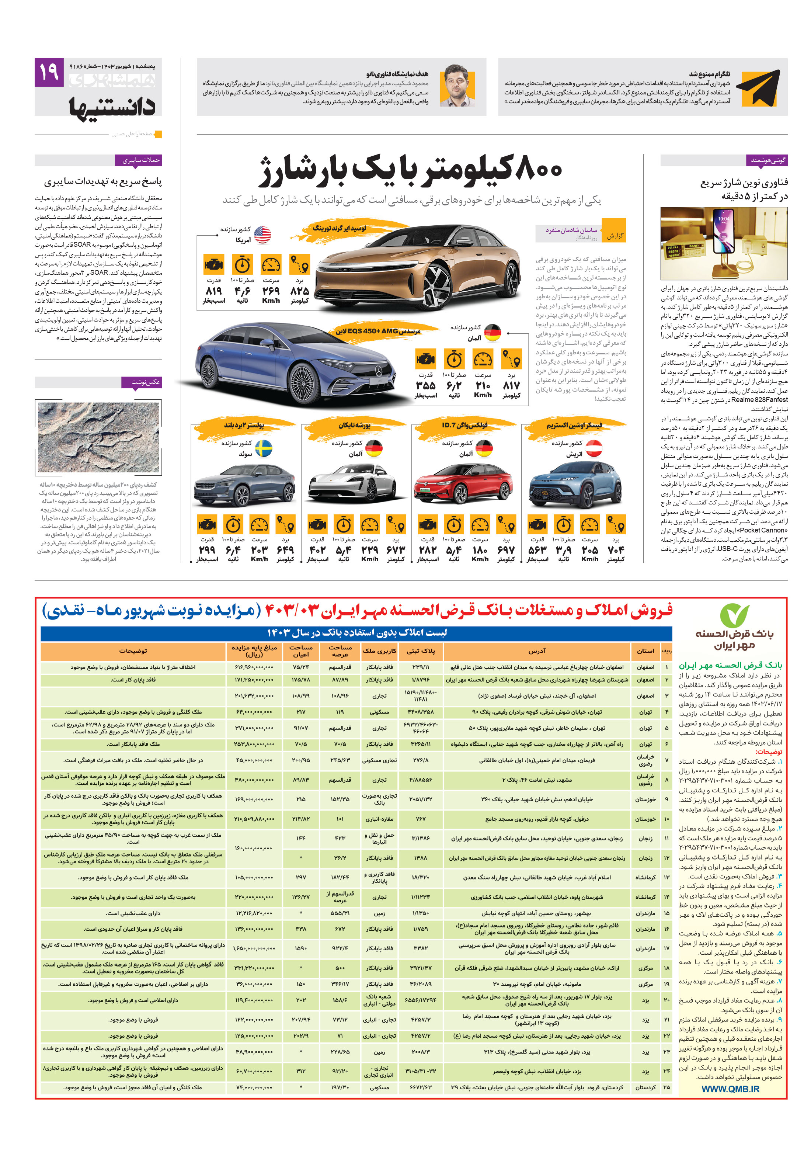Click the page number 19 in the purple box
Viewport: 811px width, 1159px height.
[x=49, y=72]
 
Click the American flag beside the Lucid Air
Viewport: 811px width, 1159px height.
[x=262, y=234]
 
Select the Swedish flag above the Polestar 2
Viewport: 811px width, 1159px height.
[x=264, y=448]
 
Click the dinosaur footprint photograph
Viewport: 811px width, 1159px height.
[x=98, y=437]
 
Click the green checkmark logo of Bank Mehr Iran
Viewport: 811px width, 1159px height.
[x=734, y=615]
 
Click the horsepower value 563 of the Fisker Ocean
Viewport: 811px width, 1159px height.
[x=537, y=550]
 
